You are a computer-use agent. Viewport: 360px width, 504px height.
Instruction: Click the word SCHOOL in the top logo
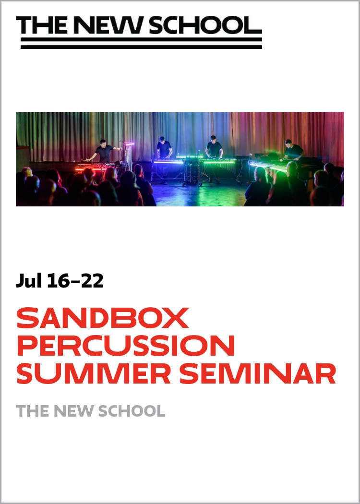coord(206,25)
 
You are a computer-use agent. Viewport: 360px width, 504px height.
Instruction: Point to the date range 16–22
coord(75,281)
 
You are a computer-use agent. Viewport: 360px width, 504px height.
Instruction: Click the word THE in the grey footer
coord(32,411)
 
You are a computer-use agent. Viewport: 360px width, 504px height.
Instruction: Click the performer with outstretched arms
coord(104,151)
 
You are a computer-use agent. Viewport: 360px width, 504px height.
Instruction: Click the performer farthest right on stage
coord(292,150)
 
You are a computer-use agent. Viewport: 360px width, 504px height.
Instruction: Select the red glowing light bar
coord(91,168)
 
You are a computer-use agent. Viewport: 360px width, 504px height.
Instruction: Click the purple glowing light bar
coord(168,162)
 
